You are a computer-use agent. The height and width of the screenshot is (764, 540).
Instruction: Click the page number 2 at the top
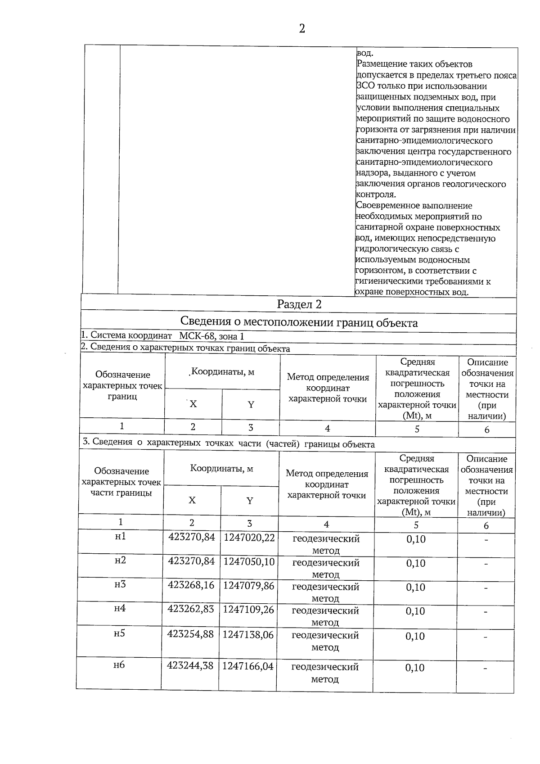tap(302, 29)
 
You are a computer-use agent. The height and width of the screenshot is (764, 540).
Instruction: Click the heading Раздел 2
tap(299, 304)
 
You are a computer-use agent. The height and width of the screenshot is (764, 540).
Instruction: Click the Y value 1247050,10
tap(249, 562)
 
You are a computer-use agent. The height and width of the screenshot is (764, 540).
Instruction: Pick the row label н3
tap(120, 584)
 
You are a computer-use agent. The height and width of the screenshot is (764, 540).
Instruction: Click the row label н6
tap(119, 665)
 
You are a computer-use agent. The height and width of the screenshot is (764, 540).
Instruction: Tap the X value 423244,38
tap(190, 665)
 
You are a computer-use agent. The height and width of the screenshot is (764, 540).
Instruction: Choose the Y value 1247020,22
tap(249, 538)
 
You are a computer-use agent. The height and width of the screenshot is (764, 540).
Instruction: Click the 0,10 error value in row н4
tap(415, 611)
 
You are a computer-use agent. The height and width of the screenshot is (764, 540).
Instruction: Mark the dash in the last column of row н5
tap(486, 637)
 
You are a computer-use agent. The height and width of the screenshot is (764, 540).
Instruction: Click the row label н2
tap(120, 560)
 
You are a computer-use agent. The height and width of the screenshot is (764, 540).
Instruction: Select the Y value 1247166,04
tap(248, 666)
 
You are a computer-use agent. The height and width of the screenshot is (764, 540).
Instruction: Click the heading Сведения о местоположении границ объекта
tap(299, 322)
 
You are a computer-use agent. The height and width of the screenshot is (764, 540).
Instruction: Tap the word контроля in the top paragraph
tap(376, 194)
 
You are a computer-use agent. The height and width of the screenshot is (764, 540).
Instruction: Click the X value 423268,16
tap(191, 585)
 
